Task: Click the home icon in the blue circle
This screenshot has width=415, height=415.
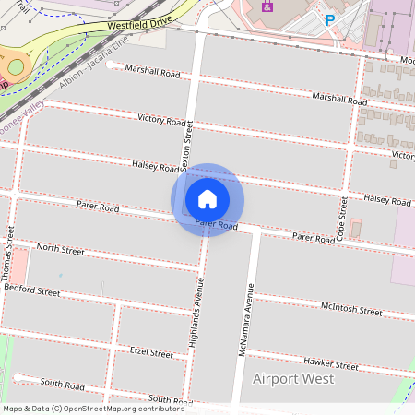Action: (207, 199)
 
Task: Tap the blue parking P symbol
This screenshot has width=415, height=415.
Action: (329, 19)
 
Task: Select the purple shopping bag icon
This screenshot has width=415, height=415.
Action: (268, 6)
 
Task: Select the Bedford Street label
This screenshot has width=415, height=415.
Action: (31, 290)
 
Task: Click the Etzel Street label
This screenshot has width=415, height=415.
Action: (151, 352)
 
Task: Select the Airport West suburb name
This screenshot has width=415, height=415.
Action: (294, 379)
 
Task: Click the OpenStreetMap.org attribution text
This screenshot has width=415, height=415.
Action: (124, 408)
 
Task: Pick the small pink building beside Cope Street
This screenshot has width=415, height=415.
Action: (355, 226)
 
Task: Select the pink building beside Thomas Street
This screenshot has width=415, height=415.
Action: (18, 267)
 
